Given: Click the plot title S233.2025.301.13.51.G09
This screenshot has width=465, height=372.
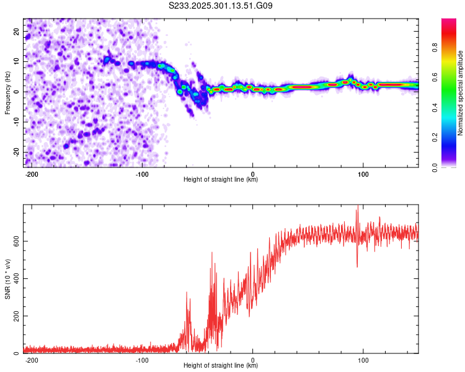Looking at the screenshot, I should coord(221,6).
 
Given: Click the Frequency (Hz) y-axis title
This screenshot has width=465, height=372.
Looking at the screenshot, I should coord(7,92).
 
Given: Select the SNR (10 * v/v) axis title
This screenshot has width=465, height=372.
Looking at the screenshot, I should coord(7,278).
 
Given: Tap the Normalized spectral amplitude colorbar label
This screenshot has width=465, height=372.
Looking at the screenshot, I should coord(460,92).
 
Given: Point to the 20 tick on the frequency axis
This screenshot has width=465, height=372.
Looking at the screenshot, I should coord(16,31).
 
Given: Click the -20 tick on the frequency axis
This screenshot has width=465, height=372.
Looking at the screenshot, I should coord(15,153).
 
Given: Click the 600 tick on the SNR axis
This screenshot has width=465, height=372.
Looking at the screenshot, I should coord(14,241).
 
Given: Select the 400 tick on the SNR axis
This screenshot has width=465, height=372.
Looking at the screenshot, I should coord(14,278).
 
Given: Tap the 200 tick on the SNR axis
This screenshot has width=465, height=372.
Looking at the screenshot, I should coord(14,316).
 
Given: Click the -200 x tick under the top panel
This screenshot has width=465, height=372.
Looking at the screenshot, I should coord(31,174).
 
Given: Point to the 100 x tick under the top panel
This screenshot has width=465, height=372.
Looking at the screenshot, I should coord(363,174).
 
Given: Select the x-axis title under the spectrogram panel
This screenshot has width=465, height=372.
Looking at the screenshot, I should coord(221,180).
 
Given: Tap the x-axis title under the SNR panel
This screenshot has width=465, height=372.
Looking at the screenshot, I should coord(221,366).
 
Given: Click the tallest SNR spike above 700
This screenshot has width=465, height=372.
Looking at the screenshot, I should coord(356,211).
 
